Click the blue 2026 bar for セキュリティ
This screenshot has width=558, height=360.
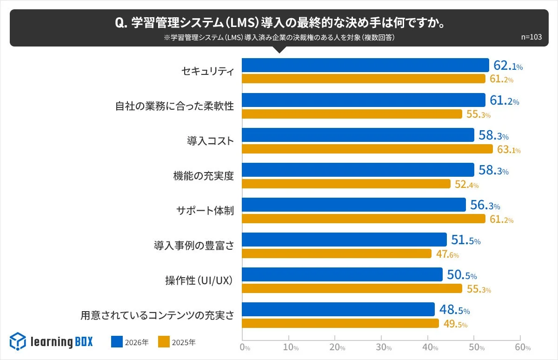[x=365, y=65]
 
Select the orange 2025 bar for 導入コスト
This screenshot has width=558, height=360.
[x=367, y=149]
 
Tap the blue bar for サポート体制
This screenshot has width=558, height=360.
[x=354, y=205]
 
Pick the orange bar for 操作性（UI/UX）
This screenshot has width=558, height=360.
[x=352, y=288]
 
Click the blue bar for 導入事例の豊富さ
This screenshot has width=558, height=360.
[x=344, y=240]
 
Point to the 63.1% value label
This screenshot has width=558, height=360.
[x=509, y=150]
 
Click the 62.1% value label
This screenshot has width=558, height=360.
[x=508, y=66]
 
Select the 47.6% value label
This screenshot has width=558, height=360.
[x=447, y=254]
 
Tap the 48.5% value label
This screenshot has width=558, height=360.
[x=454, y=310]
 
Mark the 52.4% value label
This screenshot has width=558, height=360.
[x=466, y=185]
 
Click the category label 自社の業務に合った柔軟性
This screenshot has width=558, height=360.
[x=174, y=106]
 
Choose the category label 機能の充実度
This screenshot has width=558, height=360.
[x=203, y=176]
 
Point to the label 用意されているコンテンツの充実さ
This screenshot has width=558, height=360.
[x=157, y=315]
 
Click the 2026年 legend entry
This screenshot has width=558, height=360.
[x=130, y=342]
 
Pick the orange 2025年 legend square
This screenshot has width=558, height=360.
[x=164, y=342]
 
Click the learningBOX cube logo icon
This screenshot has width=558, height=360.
[x=18, y=341]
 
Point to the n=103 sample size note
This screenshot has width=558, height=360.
[x=531, y=38]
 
